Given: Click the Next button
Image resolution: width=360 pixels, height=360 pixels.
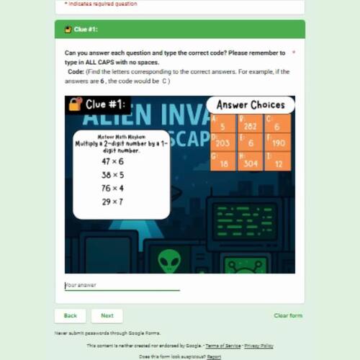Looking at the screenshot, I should pyautogui.click(x=107, y=315).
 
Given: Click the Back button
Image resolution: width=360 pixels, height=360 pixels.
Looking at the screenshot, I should pyautogui.click(x=70, y=315).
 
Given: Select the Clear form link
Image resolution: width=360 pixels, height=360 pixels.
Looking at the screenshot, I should pyautogui.click(x=288, y=315).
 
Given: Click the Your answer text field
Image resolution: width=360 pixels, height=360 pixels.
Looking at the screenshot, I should pyautogui.click(x=122, y=285).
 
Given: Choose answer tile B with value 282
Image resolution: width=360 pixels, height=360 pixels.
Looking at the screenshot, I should pyautogui.click(x=251, y=124).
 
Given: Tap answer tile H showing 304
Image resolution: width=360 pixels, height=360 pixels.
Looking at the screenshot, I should pyautogui.click(x=251, y=161).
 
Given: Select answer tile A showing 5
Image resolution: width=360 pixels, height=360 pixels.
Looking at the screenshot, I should pyautogui.click(x=223, y=124).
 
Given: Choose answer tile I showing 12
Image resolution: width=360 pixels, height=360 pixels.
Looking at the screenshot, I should pyautogui.click(x=278, y=161).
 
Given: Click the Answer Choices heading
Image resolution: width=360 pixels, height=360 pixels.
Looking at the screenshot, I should pyautogui.click(x=251, y=105).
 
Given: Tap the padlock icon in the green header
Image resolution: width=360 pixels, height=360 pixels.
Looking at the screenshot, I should pyautogui.click(x=68, y=30).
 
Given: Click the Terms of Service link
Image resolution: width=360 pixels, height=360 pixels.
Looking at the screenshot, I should pyautogui.click(x=225, y=346).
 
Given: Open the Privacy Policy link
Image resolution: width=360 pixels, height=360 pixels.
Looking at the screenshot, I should pyautogui.click(x=258, y=346).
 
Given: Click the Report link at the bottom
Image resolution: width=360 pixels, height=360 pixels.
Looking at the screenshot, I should pyautogui.click(x=214, y=356).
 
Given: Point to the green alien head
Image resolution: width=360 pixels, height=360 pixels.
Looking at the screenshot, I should pyautogui.click(x=171, y=260).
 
